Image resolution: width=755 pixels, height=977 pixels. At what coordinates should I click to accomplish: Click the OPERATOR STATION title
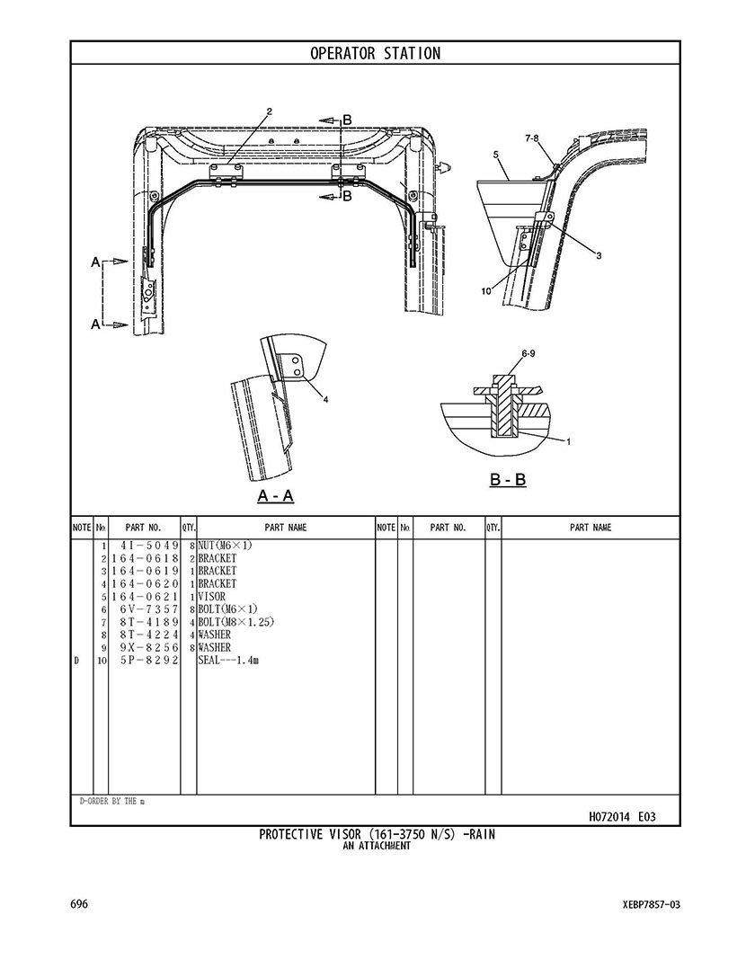click(x=376, y=53)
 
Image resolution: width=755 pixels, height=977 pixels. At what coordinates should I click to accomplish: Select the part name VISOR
click(x=212, y=597)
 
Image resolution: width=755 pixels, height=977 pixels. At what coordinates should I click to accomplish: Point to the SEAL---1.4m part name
click(x=228, y=661)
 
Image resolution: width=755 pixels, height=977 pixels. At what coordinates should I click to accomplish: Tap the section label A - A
click(x=275, y=496)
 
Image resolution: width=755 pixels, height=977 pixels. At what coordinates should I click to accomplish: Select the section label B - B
click(x=508, y=480)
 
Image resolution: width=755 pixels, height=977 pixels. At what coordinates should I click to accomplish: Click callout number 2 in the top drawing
click(x=269, y=111)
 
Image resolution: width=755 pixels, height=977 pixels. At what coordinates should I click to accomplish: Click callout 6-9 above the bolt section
click(x=528, y=355)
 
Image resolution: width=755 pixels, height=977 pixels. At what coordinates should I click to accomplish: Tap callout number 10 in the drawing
click(x=486, y=290)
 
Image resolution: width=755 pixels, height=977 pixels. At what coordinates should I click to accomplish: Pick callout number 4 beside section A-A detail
click(x=325, y=400)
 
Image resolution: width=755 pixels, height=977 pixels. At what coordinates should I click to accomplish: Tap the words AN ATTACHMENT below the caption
click(x=377, y=846)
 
